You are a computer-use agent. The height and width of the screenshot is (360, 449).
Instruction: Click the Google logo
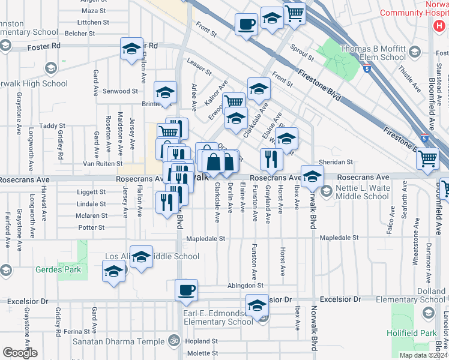[x=20, y=353]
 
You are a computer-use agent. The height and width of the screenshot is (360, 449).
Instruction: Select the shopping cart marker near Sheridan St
[x=429, y=158]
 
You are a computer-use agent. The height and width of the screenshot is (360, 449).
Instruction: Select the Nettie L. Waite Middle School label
[x=362, y=192]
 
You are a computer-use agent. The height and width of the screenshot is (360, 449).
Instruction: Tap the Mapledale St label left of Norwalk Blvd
[x=205, y=238]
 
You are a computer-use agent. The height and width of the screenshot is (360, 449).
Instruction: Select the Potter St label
[x=91, y=227]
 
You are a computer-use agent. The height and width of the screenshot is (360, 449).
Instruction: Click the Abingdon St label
[x=246, y=286]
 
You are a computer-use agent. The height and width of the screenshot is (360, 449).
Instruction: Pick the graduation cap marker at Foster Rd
[x=131, y=50]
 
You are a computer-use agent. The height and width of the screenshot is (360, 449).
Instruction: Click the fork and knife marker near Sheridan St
[x=271, y=159]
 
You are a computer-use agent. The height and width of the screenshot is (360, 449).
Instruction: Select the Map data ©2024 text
[x=423, y=355]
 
